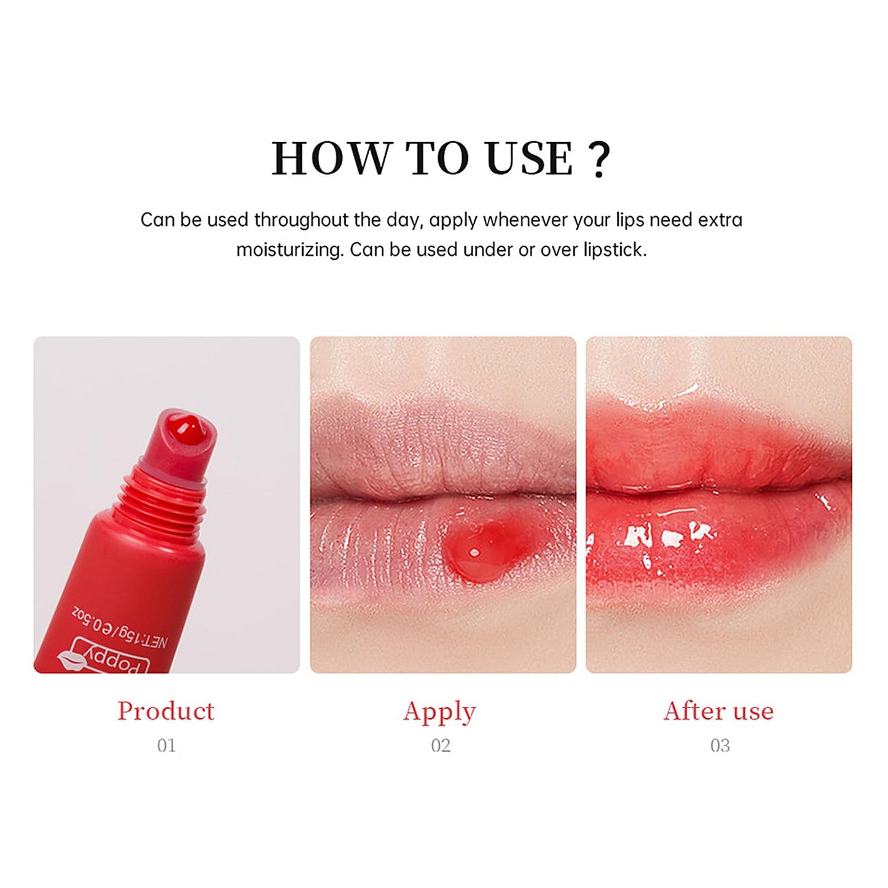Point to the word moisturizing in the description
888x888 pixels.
289,250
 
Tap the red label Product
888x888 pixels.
166,711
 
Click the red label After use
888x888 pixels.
718,711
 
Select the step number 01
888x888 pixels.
167,745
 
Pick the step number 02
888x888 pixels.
441,745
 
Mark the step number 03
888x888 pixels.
720,745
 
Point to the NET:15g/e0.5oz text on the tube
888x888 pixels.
120,627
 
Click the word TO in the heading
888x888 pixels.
437,159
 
